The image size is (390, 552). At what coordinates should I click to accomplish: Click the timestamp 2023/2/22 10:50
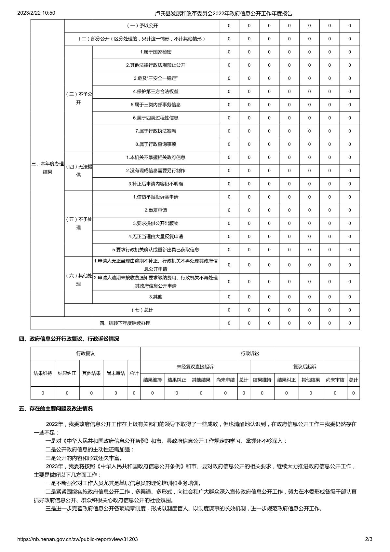(36, 13)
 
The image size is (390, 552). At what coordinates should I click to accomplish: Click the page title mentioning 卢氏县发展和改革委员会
(223, 13)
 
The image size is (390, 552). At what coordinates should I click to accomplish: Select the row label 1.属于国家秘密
(155, 52)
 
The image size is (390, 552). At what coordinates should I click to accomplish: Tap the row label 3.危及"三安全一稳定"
(155, 78)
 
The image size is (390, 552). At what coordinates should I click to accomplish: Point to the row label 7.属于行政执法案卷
(155, 131)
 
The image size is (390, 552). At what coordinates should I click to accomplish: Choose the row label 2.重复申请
(155, 210)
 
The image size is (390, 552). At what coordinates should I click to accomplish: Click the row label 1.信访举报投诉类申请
(155, 197)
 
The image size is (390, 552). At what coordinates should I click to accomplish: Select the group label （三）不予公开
(78, 98)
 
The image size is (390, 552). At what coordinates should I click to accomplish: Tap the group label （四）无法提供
(78, 171)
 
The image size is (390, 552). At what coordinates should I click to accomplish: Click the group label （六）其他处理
(78, 280)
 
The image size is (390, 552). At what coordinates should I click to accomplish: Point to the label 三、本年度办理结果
(47, 168)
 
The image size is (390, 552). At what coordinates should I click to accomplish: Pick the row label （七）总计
(142, 310)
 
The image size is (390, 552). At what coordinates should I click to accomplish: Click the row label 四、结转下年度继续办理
(125, 323)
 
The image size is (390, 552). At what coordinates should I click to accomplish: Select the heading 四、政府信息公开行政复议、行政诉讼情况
(69, 339)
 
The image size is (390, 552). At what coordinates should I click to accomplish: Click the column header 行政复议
(86, 353)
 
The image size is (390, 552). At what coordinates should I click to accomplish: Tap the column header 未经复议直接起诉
(195, 367)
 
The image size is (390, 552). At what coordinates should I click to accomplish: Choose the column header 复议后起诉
(305, 367)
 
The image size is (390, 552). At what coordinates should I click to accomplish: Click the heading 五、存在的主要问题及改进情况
(56, 409)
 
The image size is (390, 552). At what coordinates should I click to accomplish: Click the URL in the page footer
(77, 539)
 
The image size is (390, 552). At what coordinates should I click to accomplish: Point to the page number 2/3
(369, 539)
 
